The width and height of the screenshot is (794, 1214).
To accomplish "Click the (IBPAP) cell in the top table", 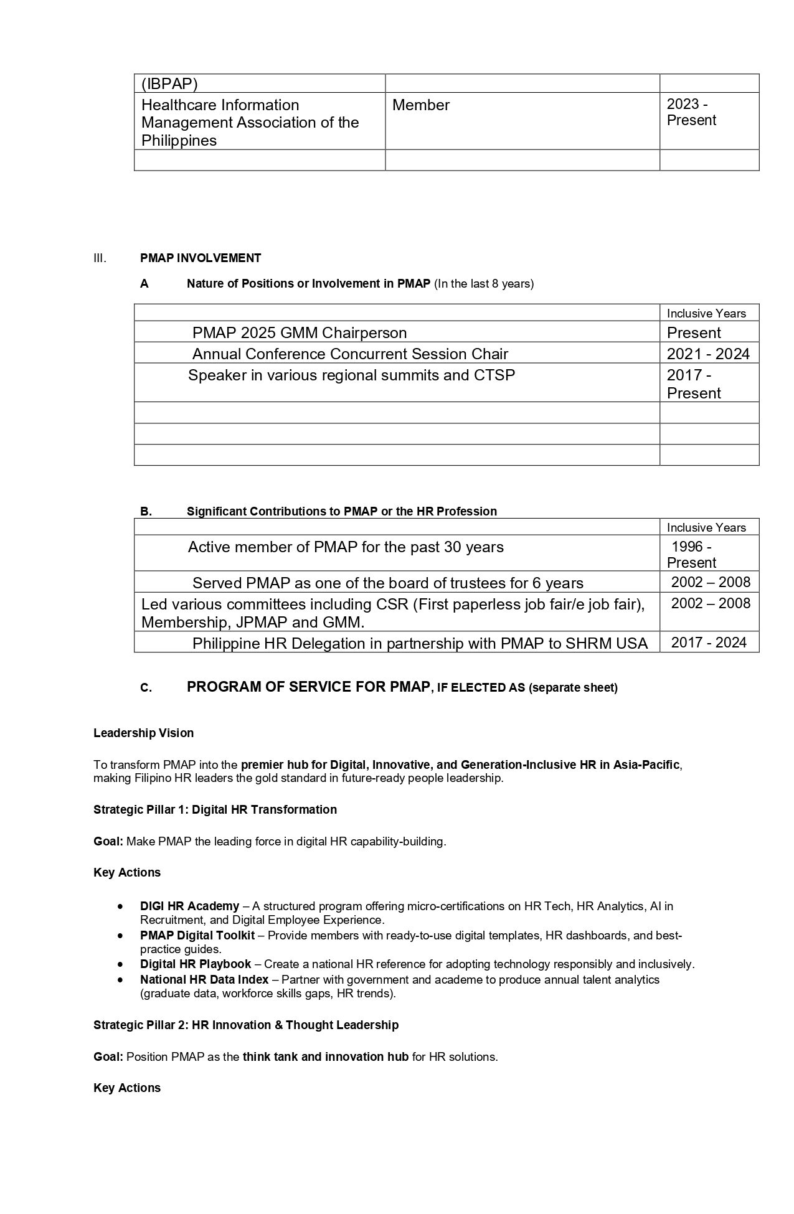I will coord(169,84).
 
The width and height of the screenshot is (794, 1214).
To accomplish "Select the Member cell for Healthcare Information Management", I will coord(421,105).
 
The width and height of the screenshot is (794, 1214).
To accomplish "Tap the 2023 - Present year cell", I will coord(691,113).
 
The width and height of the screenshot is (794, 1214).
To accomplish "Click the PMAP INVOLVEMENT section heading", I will coord(201,258).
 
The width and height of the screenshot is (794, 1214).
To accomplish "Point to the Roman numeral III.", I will coord(100,258).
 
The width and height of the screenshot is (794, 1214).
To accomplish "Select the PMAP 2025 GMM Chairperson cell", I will coord(299,332).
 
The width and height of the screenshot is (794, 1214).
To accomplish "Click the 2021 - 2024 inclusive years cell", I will coord(708,354).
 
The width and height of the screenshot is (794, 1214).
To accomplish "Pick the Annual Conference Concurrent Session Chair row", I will coord(350,354).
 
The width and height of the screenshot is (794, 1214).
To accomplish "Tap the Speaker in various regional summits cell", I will coord(351,375).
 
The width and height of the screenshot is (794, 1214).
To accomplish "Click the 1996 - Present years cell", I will coord(691,555).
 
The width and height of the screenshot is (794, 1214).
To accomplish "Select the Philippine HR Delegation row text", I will coord(420,643).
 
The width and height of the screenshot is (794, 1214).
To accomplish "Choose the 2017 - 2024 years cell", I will coord(709,642).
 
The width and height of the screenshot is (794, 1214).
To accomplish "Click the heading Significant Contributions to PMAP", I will coord(341,511).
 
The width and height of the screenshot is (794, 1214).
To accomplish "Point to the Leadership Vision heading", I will coord(143,733).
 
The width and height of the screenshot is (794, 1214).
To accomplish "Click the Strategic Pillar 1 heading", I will coord(215,809).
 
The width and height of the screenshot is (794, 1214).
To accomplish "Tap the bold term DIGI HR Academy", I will coord(189,906).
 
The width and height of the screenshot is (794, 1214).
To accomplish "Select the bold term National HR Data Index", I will coord(204,979).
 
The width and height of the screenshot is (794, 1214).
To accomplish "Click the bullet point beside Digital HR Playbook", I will coord(120,964).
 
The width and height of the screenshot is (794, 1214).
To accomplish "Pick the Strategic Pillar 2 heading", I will coord(246,1025).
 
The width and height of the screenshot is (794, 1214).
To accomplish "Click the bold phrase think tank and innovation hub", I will coord(325,1056).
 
